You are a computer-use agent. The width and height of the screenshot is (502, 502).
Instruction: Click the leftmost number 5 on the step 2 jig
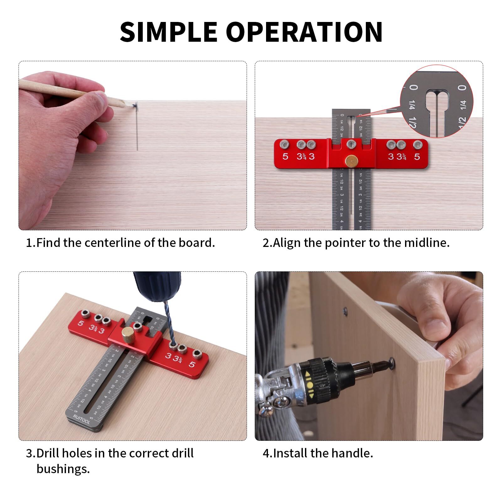click(285, 156)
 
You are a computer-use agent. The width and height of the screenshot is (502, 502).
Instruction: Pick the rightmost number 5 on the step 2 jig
click(417, 156)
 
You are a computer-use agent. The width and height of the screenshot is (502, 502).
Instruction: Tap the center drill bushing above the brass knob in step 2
click(351, 144)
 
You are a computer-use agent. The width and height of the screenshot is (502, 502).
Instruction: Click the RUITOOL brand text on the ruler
click(81, 419)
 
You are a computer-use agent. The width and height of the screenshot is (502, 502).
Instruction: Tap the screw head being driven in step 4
click(392, 363)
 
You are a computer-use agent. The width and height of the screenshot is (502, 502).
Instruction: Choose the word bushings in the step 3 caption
click(63, 469)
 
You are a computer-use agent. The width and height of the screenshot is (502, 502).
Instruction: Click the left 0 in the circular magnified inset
click(414, 87)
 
